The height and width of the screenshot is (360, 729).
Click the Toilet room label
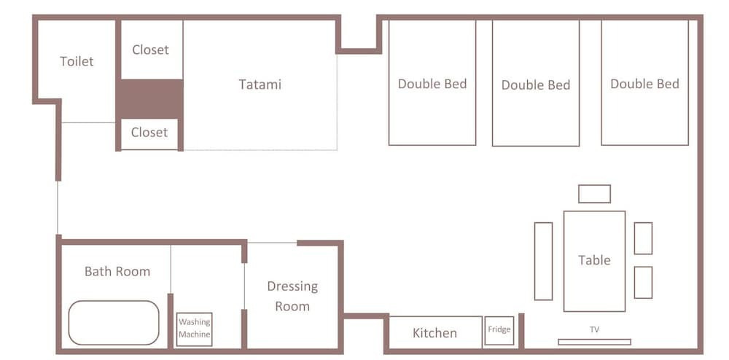77,61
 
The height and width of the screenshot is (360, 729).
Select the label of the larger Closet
151,50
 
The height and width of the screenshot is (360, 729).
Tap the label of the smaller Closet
149,133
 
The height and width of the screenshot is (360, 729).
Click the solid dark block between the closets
149,99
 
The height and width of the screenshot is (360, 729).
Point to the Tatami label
260,84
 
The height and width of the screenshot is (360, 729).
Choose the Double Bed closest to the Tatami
432,82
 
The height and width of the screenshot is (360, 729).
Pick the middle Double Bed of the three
536,82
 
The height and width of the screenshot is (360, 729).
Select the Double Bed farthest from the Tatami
645,82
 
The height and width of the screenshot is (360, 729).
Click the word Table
594,260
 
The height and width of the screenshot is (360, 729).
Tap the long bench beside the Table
544,261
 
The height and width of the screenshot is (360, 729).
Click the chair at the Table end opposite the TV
595,194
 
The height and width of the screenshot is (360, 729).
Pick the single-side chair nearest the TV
644,283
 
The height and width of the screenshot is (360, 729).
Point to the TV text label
594,330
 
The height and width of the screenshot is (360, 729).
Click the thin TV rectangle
594,342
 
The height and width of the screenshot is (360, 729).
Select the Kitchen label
434,333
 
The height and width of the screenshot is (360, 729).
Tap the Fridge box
499,331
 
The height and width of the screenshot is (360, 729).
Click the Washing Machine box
195,329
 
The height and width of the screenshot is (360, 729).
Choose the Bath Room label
117,271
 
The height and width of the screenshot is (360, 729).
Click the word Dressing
292,286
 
